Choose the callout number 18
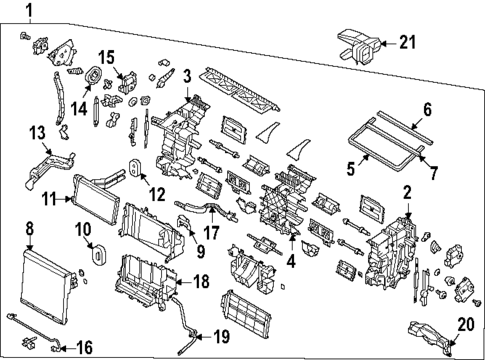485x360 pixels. click(x=200, y=284)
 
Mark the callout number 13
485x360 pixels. click(x=36, y=134)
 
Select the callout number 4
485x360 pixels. click(x=291, y=264)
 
